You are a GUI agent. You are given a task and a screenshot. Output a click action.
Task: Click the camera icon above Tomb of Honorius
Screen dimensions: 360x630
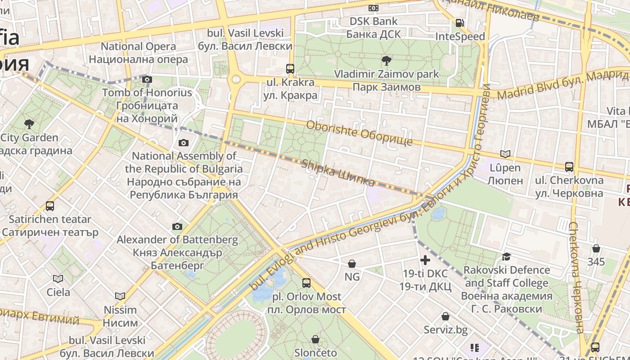pos(147,80)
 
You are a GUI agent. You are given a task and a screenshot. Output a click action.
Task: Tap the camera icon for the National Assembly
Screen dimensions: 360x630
pos(183,143)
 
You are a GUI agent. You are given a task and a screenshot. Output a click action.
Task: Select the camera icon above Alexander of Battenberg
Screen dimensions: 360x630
pos(177,226)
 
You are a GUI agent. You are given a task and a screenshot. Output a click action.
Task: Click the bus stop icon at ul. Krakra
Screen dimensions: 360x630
pos(290,69)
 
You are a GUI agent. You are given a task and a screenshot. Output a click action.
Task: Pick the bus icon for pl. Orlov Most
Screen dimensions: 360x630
pos(306,283)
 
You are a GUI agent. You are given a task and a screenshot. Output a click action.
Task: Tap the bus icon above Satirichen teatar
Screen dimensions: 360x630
pos(50,206)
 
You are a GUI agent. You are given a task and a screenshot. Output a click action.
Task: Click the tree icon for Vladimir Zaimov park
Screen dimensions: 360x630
pos(386,60)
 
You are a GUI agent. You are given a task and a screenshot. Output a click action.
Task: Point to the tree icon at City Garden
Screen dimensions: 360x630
pos(29,124)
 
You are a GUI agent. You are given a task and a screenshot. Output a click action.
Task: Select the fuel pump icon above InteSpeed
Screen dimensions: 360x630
pos(459,23)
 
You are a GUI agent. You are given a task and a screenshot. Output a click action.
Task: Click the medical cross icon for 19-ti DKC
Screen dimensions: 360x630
pos(425,260)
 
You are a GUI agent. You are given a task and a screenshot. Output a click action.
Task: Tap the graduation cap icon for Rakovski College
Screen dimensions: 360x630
pos(506,256)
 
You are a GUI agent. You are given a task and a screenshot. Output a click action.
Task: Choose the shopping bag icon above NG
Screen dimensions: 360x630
pos(352,263)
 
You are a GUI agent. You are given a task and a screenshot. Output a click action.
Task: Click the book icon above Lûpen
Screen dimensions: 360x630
pos(505,154)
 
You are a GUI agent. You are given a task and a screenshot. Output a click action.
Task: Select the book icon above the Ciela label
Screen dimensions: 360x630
pos(58,279)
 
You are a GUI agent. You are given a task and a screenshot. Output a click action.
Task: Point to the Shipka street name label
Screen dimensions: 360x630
pos(338,173)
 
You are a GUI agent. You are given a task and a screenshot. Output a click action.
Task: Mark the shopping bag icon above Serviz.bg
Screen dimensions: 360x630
pos(445,316)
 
